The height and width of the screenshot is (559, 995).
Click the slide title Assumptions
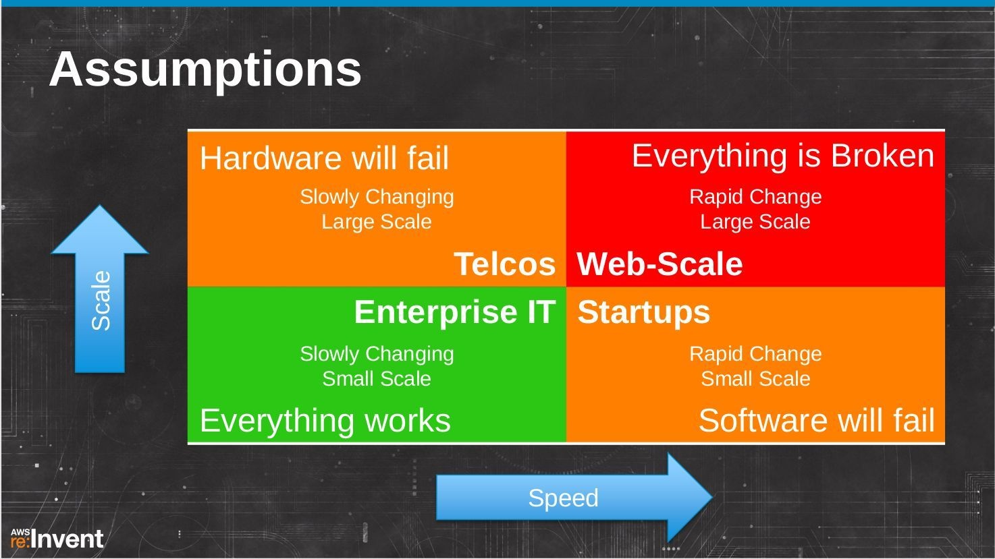pyautogui.click(x=205, y=71)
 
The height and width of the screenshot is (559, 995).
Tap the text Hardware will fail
pyautogui.click(x=324, y=158)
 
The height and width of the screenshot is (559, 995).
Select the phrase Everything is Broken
pyautogui.click(x=783, y=156)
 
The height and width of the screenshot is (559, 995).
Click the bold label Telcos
pyautogui.click(x=505, y=264)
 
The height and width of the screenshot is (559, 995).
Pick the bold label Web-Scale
pyautogui.click(x=660, y=264)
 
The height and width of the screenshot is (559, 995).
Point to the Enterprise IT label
pyautogui.click(x=455, y=312)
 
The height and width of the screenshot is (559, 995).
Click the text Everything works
pyautogui.click(x=325, y=421)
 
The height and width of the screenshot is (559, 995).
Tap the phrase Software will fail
pyautogui.click(x=816, y=420)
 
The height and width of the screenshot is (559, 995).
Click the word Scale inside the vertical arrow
pyautogui.click(x=101, y=301)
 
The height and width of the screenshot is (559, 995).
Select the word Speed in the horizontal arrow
pyautogui.click(x=563, y=498)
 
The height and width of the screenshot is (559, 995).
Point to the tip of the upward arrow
pyautogui.click(x=100, y=206)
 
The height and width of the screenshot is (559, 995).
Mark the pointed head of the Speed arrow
pyautogui.click(x=712, y=497)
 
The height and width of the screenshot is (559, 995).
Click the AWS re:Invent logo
pyautogui.click(x=57, y=538)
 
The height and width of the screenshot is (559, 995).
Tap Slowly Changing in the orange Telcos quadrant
pyautogui.click(x=377, y=198)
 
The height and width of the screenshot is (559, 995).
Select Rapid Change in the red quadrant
pyautogui.click(x=755, y=197)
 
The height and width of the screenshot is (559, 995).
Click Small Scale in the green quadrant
pyautogui.click(x=377, y=379)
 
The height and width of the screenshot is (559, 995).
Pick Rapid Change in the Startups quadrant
pyautogui.click(x=755, y=354)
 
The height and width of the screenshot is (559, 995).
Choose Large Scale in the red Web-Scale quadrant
pyautogui.click(x=755, y=222)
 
